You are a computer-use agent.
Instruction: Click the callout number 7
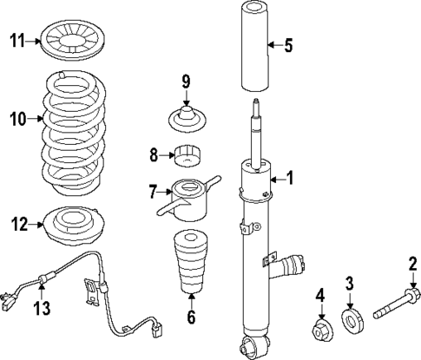point(152,190)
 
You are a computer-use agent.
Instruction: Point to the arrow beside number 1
point(277,178)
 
